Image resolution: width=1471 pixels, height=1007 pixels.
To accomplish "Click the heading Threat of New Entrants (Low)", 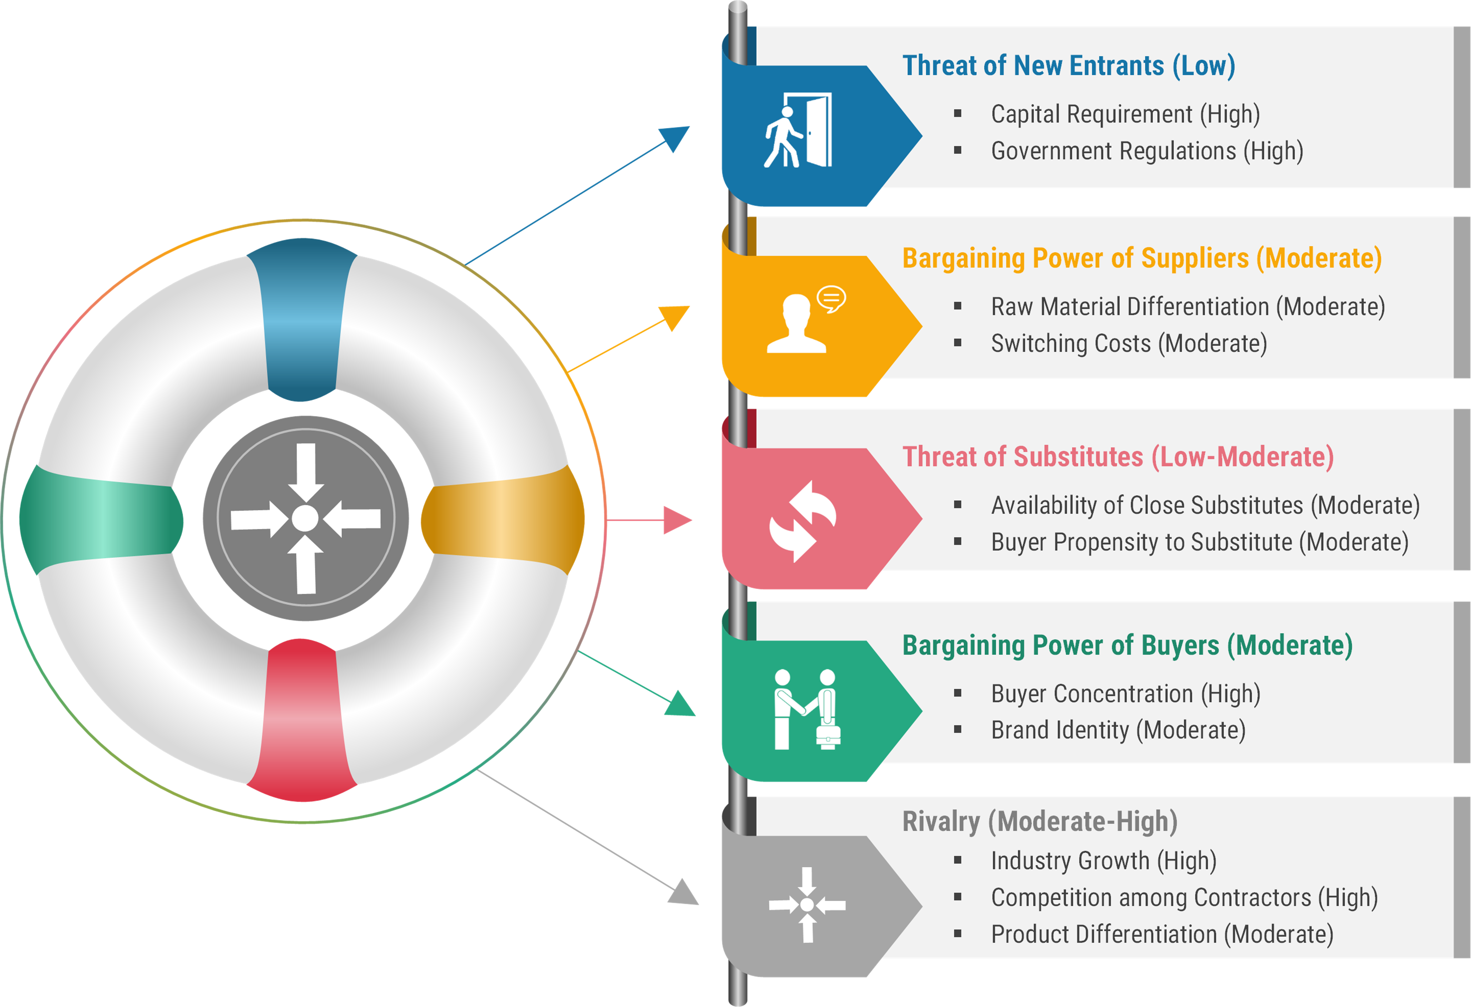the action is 1069,66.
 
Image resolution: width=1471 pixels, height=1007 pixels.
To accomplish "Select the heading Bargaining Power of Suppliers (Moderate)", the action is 1142,258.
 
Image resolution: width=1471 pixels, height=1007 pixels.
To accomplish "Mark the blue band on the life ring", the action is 302,320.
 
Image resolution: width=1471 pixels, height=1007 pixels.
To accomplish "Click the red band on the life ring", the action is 302,720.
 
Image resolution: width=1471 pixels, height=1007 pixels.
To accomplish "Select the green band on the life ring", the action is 101,520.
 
